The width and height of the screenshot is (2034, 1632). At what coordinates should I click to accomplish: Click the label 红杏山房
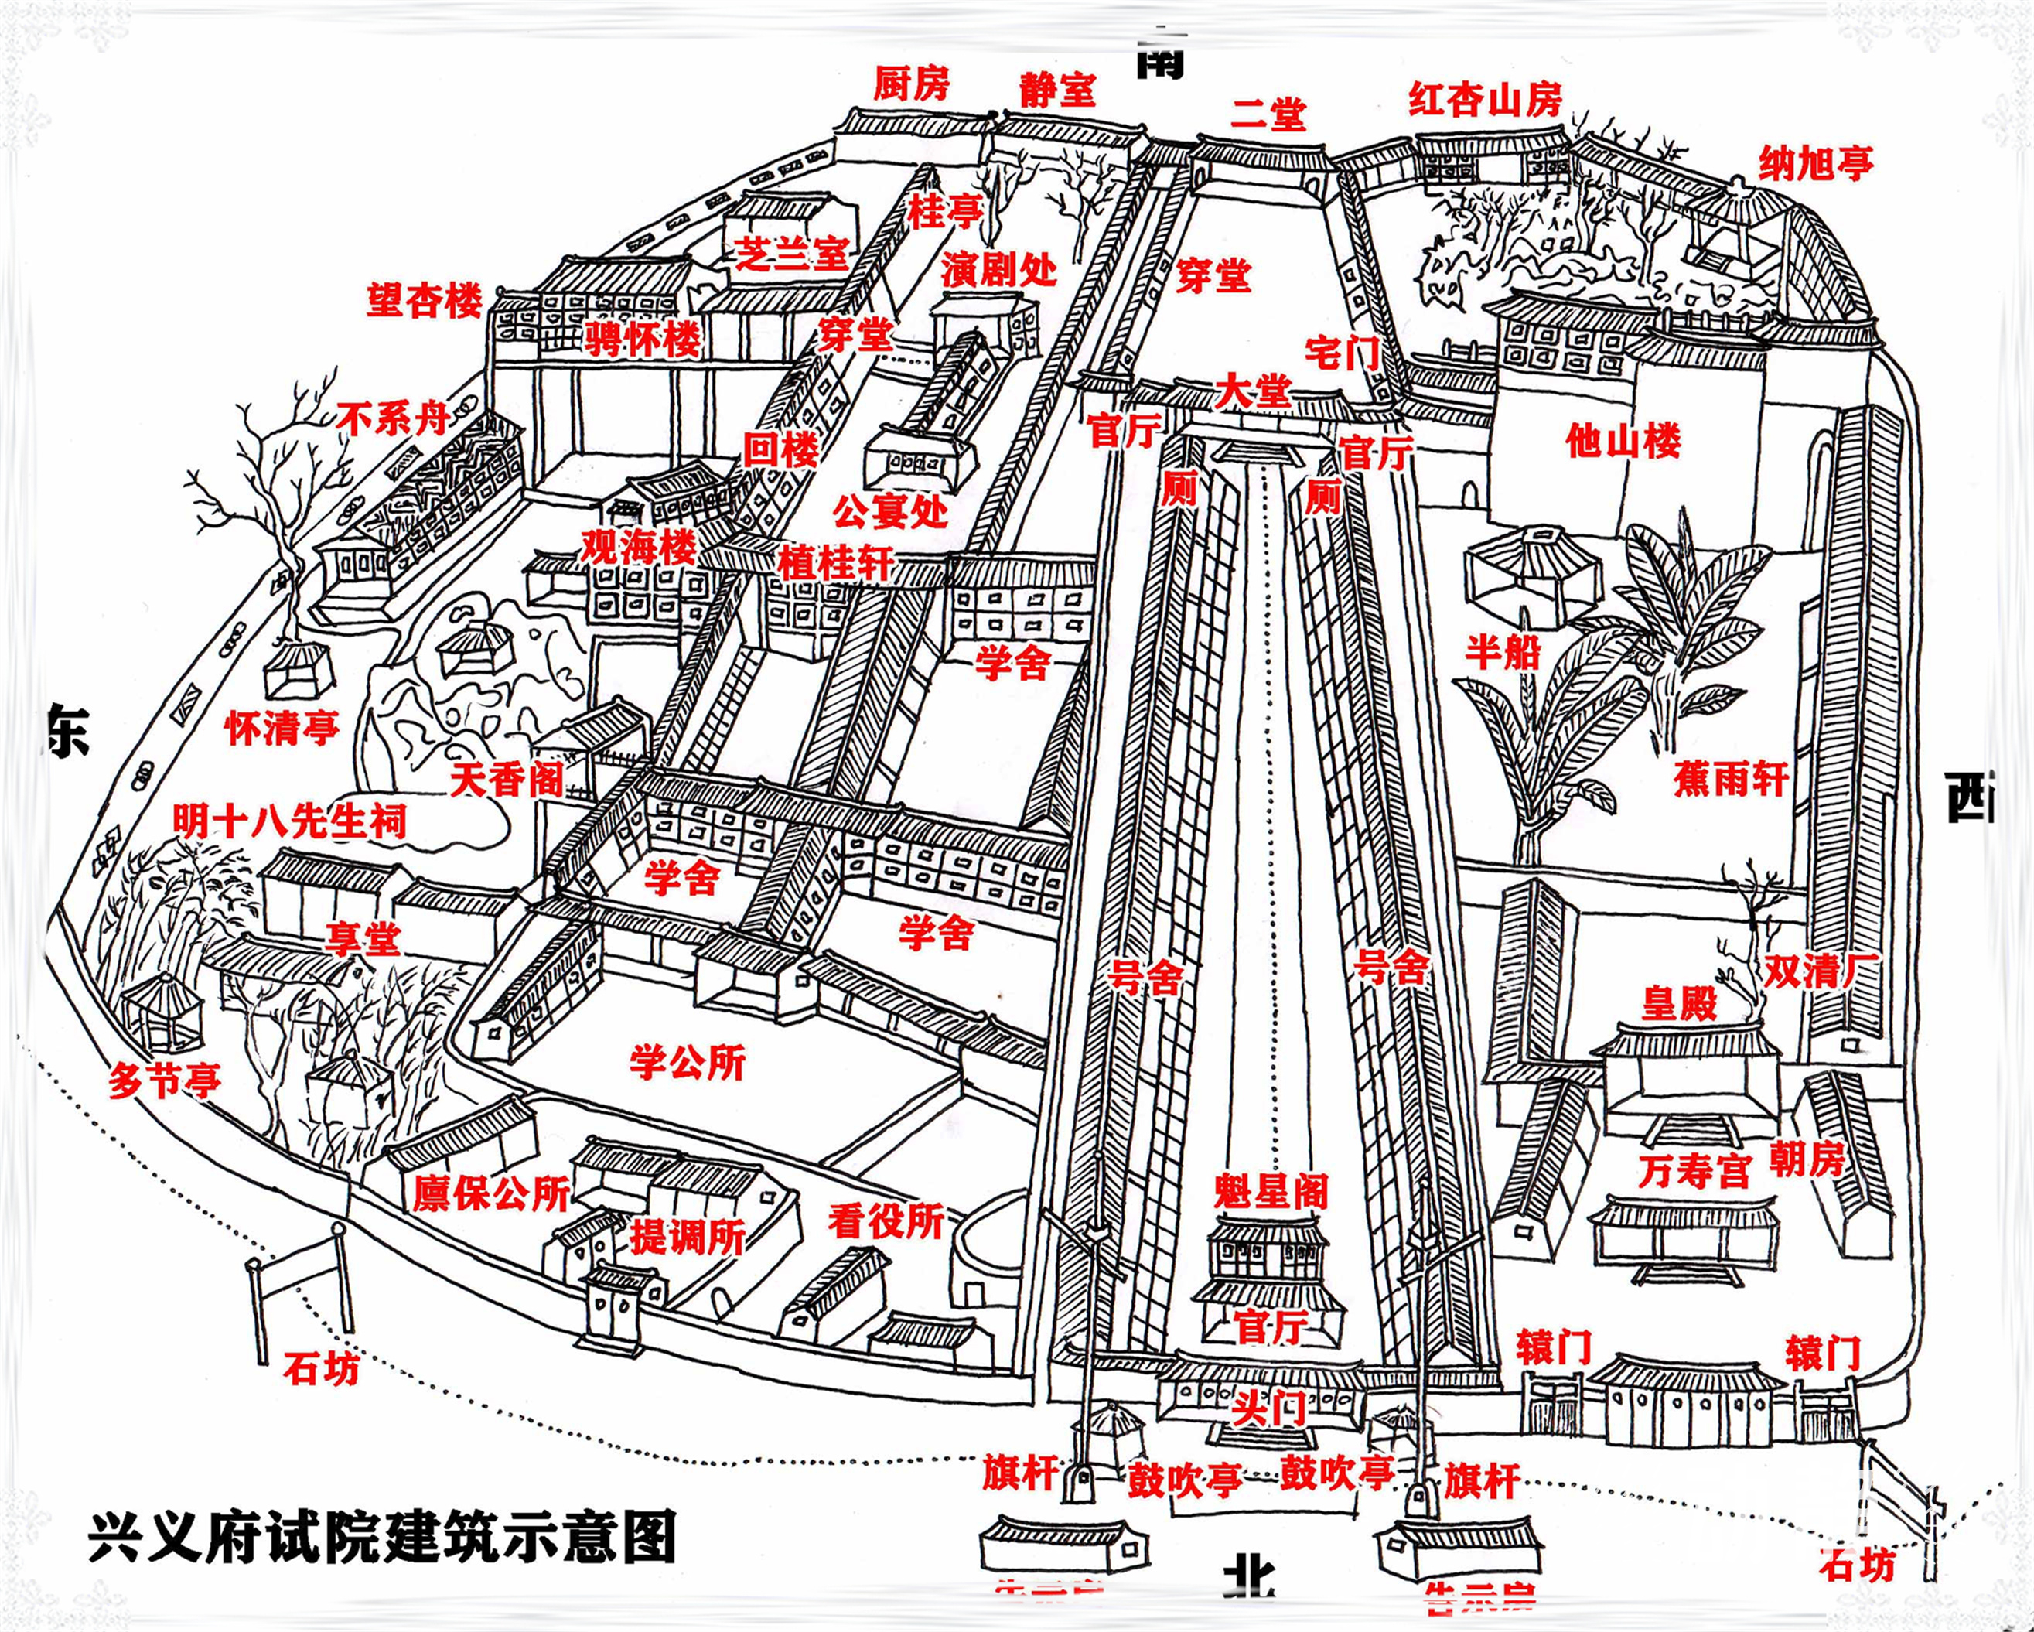coord(1485,99)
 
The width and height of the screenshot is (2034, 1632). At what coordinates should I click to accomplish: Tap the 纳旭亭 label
coord(1816,163)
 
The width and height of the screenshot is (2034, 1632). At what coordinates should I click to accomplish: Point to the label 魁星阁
coord(1271,1193)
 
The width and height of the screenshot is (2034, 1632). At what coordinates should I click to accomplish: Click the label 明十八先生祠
coord(289,821)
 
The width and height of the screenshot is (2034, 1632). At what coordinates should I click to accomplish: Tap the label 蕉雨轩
coord(1731,779)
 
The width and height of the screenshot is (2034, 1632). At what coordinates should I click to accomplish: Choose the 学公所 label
coord(688,1064)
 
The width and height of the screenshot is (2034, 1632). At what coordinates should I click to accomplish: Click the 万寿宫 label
coord(1694,1172)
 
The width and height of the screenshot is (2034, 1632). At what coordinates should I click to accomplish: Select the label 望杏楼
coord(425,301)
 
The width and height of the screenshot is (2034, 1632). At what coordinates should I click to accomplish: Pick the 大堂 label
coord(1253,391)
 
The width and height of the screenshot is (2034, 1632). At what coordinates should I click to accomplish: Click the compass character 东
coord(68,729)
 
